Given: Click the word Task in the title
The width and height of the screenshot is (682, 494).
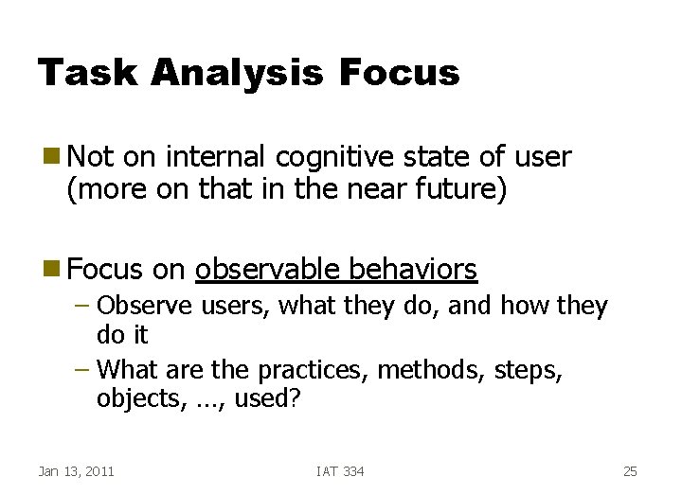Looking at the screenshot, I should [80, 73].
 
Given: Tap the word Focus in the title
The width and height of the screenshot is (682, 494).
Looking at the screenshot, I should [399, 73].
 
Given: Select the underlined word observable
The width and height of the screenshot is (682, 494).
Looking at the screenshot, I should [267, 271].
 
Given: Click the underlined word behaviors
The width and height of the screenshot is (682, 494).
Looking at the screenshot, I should [413, 271].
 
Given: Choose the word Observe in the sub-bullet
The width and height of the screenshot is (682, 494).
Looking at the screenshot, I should [137, 307].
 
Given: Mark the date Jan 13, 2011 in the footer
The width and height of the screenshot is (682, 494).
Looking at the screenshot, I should [76, 471].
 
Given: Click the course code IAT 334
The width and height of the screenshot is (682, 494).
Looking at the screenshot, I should [340, 471].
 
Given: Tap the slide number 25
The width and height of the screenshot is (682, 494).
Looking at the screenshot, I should [631, 471].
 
